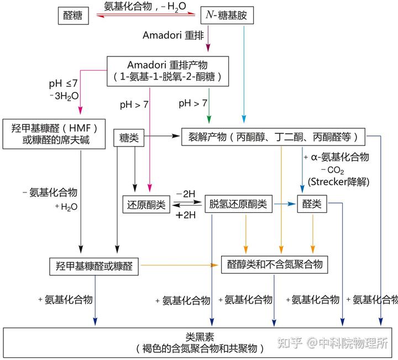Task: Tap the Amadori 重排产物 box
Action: [166, 71]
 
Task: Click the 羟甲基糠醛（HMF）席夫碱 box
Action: [54, 134]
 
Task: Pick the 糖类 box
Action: [128, 138]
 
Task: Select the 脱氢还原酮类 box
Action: [239, 204]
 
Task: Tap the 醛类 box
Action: [312, 204]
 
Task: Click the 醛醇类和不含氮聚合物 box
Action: [275, 265]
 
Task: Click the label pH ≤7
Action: [64, 84]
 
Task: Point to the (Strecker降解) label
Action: [339, 181]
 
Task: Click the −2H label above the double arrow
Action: [186, 194]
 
